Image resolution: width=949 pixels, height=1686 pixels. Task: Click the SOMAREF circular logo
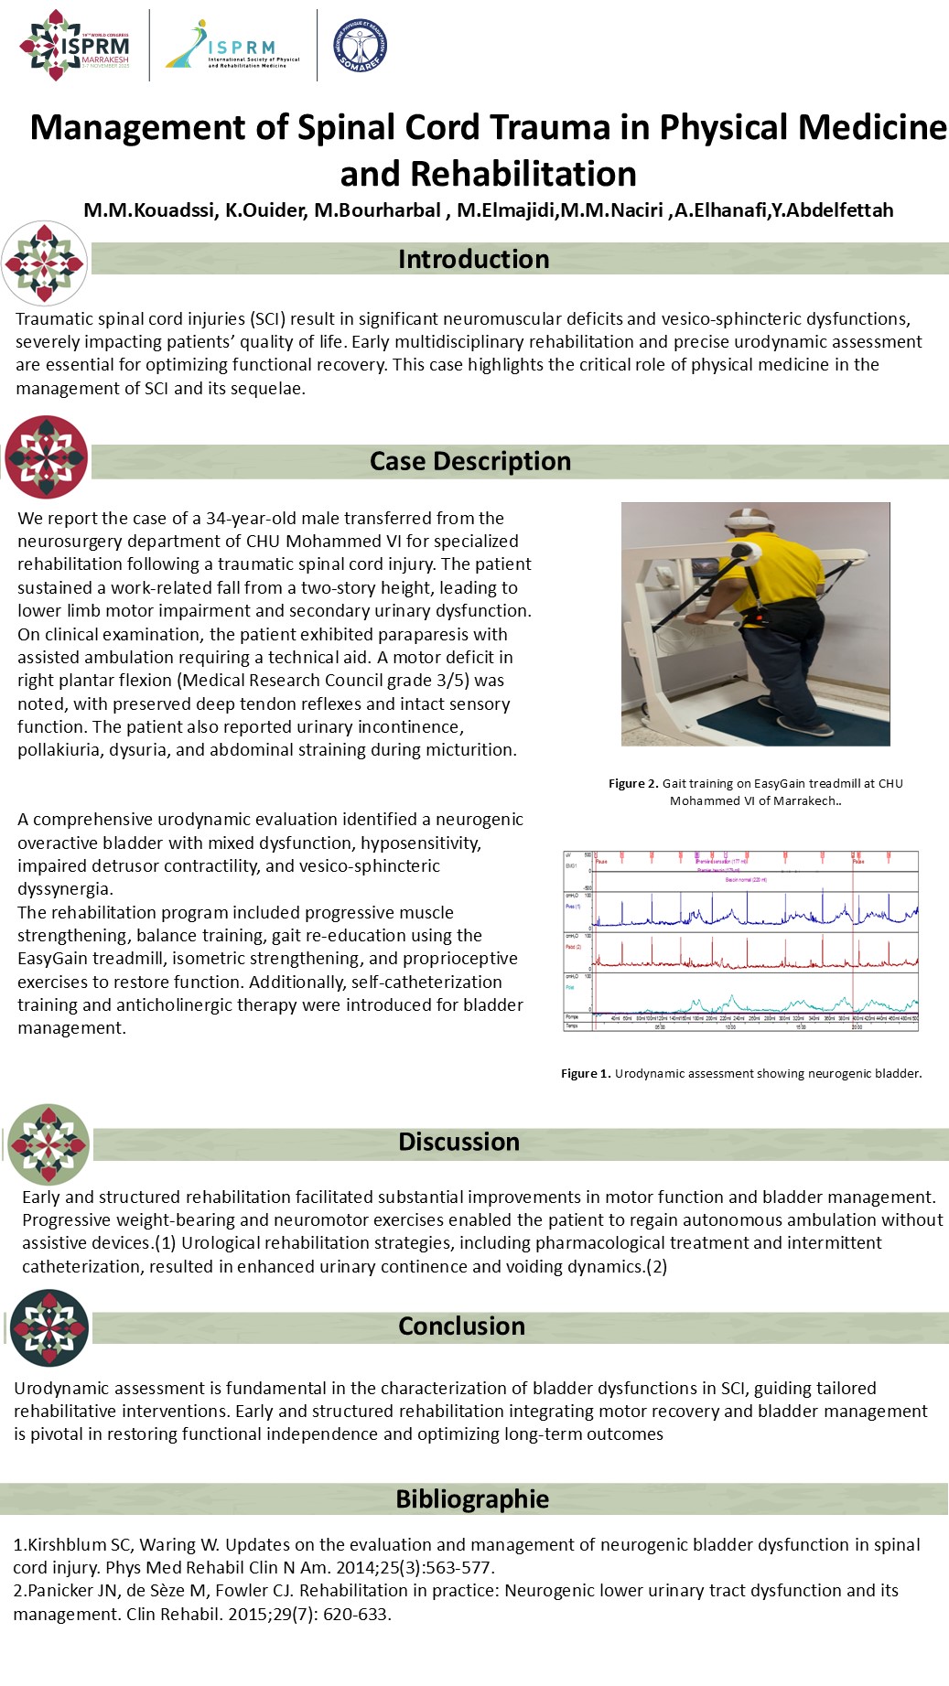(x=360, y=45)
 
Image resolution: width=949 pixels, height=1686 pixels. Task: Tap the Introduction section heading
(x=473, y=259)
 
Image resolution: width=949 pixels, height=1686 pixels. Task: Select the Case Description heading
(x=469, y=461)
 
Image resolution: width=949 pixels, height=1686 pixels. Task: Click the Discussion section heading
(x=458, y=1142)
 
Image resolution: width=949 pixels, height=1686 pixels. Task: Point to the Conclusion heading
(x=461, y=1326)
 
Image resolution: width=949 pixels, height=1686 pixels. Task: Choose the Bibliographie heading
(x=472, y=1498)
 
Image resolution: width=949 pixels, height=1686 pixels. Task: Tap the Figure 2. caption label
(x=633, y=783)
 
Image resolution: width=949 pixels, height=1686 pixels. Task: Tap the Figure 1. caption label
(x=586, y=1073)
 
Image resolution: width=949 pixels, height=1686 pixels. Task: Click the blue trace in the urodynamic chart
(x=732, y=914)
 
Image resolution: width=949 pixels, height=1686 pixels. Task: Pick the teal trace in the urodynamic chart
(x=732, y=1001)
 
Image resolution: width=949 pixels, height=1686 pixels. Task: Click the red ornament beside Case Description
(x=47, y=457)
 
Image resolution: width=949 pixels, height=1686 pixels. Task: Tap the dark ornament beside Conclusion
(x=49, y=1327)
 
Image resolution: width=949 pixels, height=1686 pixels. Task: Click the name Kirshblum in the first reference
(x=66, y=1545)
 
